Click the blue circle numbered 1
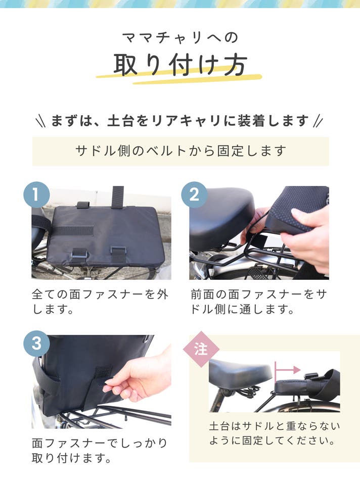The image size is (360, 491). click(x=37, y=194)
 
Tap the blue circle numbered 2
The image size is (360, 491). click(x=194, y=194)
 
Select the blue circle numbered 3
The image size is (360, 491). click(x=37, y=343)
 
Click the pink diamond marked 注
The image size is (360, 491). click(x=201, y=349)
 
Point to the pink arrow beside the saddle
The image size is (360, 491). click(x=287, y=370)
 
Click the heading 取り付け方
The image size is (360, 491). click(x=180, y=65)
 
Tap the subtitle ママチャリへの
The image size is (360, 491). click(x=180, y=37)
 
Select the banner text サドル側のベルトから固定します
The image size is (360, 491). click(x=181, y=151)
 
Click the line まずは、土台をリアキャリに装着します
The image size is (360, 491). click(x=180, y=121)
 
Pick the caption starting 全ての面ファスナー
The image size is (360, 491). click(x=100, y=302)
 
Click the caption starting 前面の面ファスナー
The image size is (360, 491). click(x=259, y=302)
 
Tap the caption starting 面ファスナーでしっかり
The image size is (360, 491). click(x=100, y=451)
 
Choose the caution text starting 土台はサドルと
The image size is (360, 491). click(x=275, y=433)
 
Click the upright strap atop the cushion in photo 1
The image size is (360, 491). click(x=118, y=198)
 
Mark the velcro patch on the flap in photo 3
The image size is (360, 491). click(x=103, y=374)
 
